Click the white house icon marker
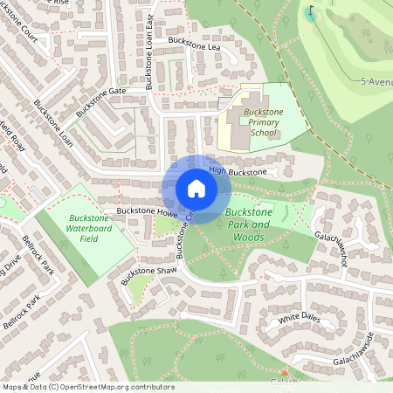point(196,188)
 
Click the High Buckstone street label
point(238,173)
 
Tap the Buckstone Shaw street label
point(149,272)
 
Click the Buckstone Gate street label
point(101,102)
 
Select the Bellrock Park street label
point(38,254)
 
